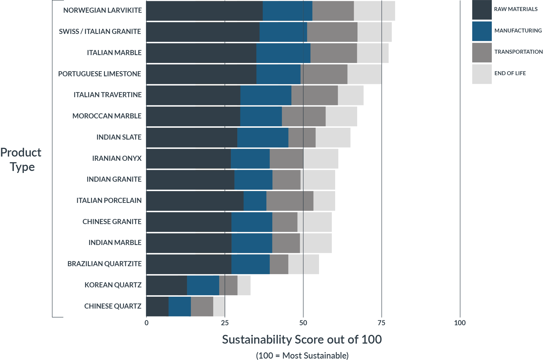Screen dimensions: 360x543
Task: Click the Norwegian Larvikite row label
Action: [x=102, y=10]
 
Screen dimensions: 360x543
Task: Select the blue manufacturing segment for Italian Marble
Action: [x=283, y=53]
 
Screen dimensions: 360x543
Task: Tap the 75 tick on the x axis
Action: [x=381, y=323]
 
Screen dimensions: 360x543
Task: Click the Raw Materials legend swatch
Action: [x=482, y=10]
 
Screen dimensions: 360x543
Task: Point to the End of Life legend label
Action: [x=510, y=73]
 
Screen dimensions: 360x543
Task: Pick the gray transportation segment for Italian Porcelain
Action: [x=290, y=201]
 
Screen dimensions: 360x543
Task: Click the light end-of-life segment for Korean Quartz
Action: [x=244, y=285]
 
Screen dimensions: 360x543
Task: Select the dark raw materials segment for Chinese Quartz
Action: [x=157, y=306]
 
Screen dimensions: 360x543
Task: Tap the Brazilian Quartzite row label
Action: [x=104, y=264]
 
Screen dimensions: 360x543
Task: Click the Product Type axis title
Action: [x=21, y=160]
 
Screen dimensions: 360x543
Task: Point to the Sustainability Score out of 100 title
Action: [x=302, y=340]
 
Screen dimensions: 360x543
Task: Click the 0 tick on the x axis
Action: [x=146, y=323]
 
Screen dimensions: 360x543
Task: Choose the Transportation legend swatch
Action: [x=482, y=52]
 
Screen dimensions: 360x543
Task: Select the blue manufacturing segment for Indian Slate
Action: [x=262, y=137]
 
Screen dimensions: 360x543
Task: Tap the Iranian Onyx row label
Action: [x=117, y=159]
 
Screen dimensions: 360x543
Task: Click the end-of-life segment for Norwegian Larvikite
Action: [x=374, y=11]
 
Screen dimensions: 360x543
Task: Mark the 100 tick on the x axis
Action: [x=460, y=323]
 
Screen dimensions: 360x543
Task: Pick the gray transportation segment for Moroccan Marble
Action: [x=303, y=116]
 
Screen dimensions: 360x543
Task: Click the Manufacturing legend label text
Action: [x=518, y=31]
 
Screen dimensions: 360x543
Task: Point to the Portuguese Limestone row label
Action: [x=100, y=74]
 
